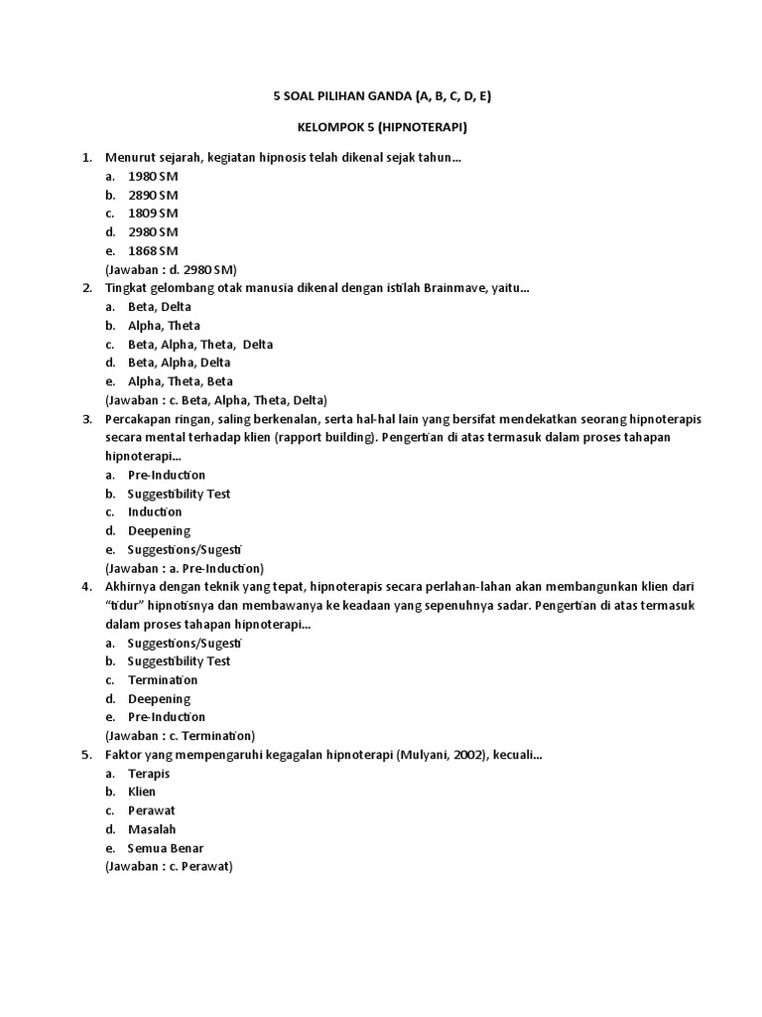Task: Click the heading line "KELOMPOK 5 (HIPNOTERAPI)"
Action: (382, 128)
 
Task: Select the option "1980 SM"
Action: (153, 176)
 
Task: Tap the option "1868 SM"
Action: (153, 250)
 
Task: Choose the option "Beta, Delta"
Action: (160, 307)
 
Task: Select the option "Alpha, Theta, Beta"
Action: (181, 381)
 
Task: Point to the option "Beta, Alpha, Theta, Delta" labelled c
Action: (199, 345)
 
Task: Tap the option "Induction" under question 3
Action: (155, 511)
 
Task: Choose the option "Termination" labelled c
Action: (163, 680)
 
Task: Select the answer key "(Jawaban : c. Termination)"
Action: (180, 736)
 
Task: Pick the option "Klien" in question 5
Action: (142, 792)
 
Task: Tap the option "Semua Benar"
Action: (165, 847)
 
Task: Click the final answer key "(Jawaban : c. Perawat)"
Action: (169, 866)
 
